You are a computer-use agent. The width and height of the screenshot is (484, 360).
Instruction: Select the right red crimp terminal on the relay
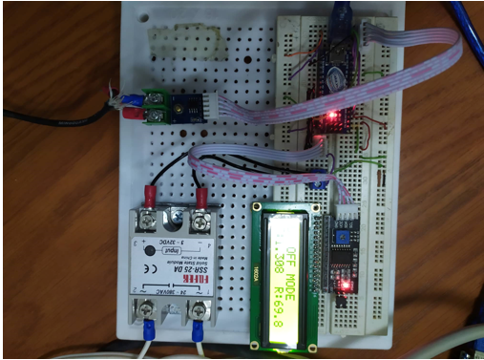coord(202,199)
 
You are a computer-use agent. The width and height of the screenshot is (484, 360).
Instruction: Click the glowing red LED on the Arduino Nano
coord(331,116)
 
